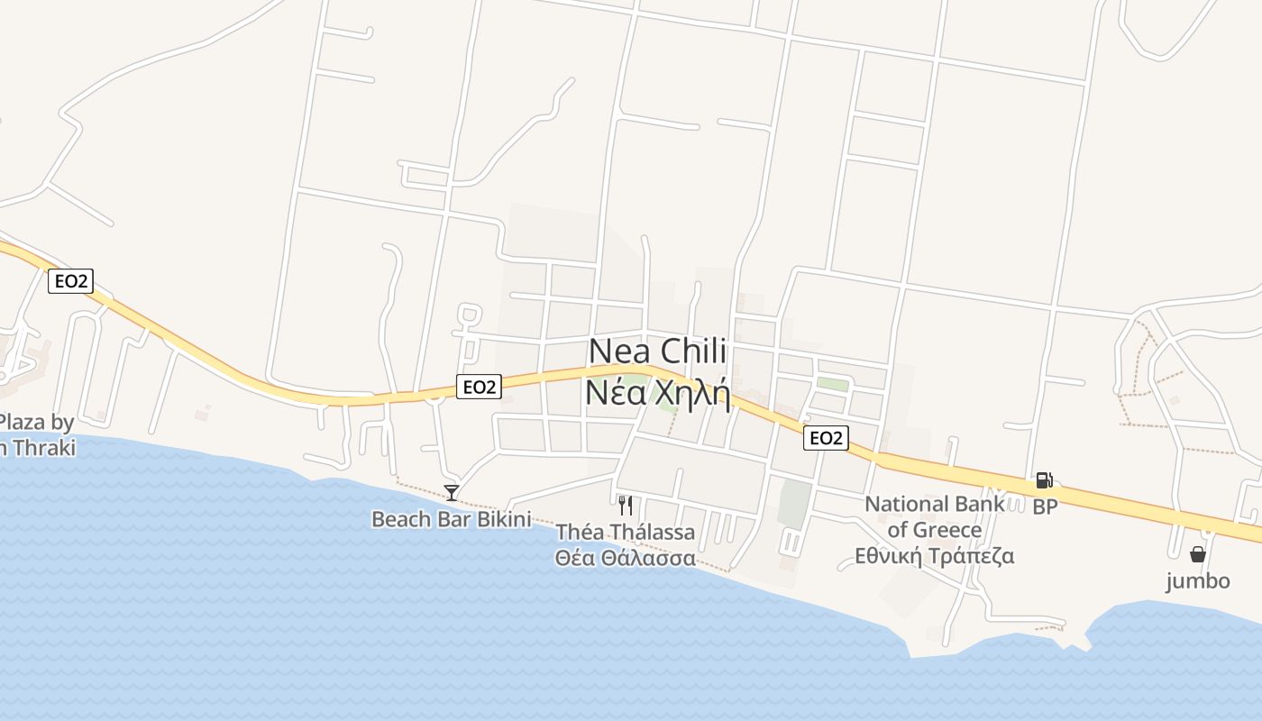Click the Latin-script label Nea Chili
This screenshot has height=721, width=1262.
click(657, 352)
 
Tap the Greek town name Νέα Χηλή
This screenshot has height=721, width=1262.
click(657, 393)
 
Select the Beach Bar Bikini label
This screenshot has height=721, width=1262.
click(451, 519)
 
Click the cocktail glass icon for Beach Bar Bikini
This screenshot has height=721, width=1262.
click(452, 492)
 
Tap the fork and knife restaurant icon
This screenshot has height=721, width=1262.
click(625, 505)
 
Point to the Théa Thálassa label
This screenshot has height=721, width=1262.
click(625, 532)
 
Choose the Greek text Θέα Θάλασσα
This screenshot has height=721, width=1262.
click(625, 558)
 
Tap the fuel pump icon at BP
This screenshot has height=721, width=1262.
click(1044, 480)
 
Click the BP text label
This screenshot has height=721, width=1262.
click(1045, 507)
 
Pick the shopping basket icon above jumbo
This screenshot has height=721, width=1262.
click(1198, 553)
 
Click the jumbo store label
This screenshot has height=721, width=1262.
click(1198, 580)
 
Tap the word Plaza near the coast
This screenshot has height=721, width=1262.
click(24, 421)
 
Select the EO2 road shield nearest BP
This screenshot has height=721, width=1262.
click(826, 438)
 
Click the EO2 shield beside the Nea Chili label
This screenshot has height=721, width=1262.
click(478, 387)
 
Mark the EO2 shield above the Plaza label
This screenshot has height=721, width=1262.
click(70, 280)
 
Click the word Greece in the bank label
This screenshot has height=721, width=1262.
click(946, 529)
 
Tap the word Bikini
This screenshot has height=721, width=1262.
click(501, 519)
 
